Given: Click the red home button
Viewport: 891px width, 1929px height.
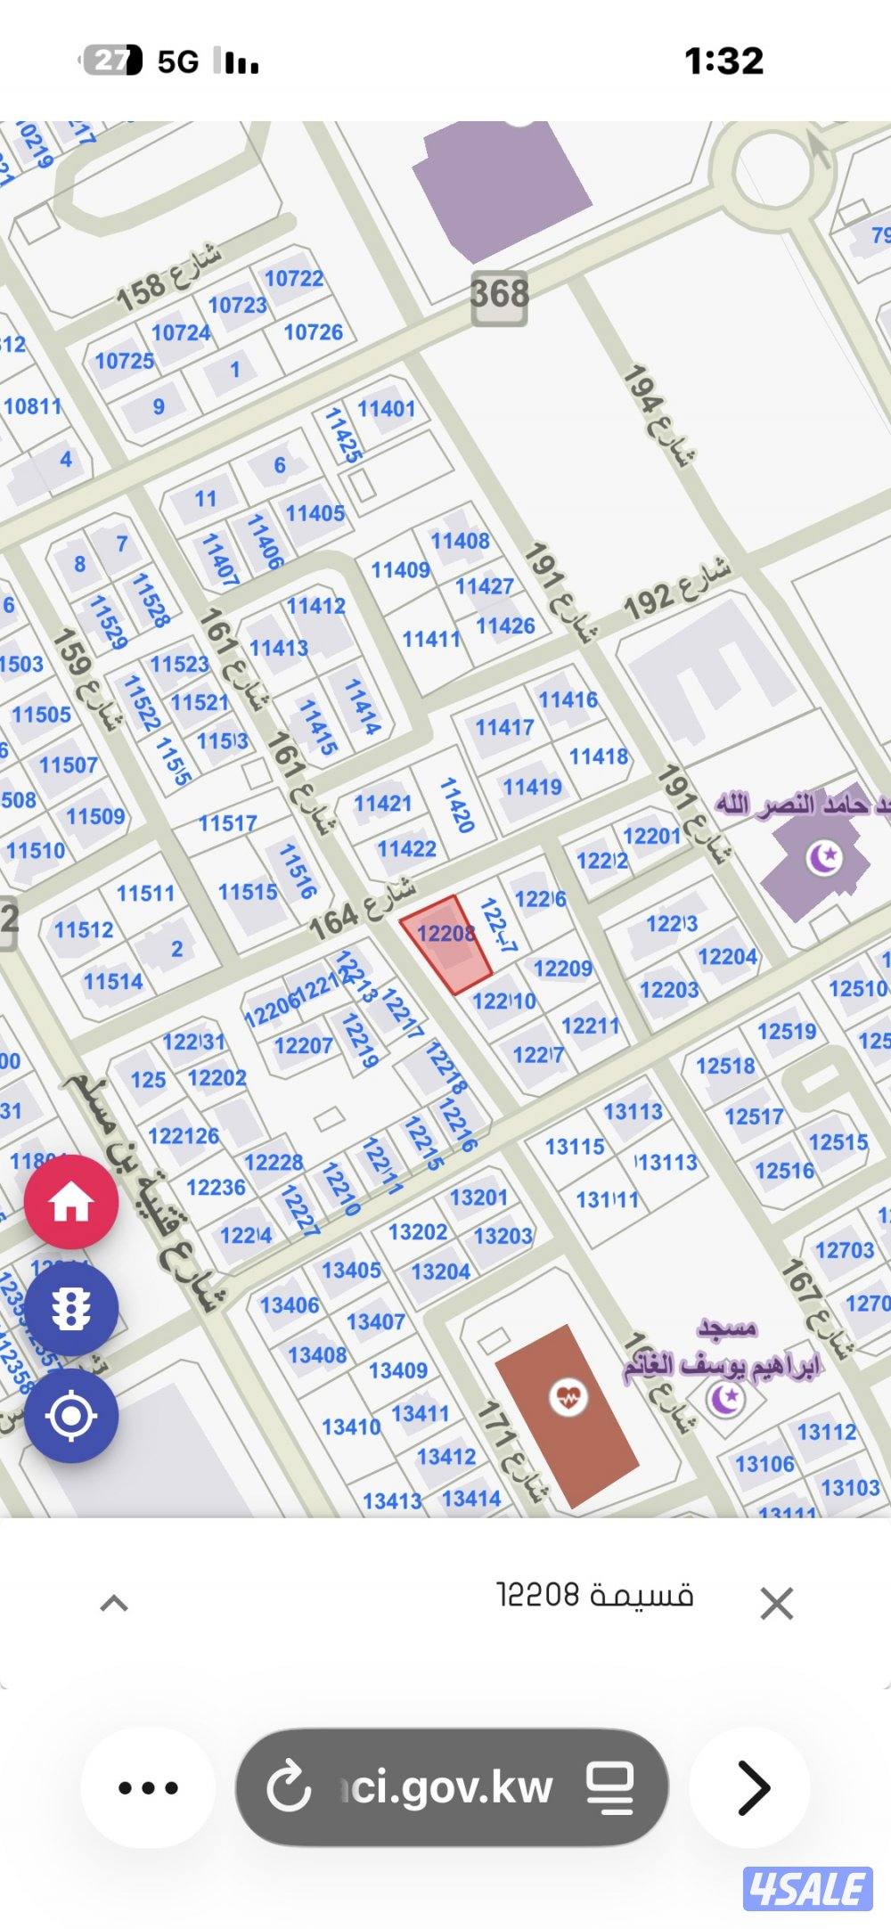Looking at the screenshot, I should (x=71, y=1203).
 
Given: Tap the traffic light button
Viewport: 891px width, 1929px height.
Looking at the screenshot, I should (x=71, y=1309).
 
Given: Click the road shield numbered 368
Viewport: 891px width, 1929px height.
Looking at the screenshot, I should (x=500, y=294).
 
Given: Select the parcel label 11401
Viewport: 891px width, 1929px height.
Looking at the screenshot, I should (x=387, y=409).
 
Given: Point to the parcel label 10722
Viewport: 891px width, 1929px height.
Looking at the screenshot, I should (x=294, y=279).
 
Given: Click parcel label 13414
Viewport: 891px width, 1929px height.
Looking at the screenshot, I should (x=471, y=1499).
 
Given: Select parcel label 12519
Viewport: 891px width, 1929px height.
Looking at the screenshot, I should (x=787, y=1032).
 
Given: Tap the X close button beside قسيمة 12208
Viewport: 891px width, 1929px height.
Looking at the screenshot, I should (x=776, y=1604).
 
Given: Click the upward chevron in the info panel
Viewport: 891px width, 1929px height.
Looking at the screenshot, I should (x=114, y=1604).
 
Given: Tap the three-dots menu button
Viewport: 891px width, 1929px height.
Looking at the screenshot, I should (x=148, y=1787).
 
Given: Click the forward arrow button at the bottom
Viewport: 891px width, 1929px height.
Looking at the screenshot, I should (x=750, y=1787).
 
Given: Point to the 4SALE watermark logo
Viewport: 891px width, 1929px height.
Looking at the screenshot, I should (x=808, y=1887).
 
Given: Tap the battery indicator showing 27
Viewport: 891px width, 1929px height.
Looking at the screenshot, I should (x=112, y=61).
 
